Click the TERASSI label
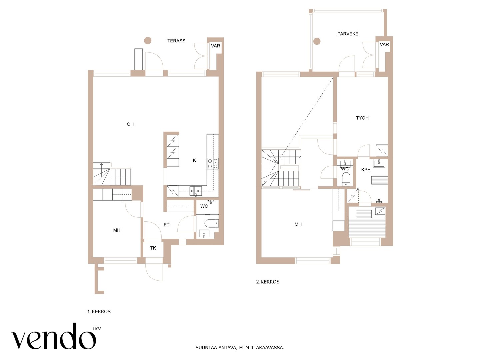[x=177, y=41]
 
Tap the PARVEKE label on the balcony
[x=348, y=34]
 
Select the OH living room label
[x=130, y=124]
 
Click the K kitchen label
[x=194, y=160]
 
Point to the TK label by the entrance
[x=153, y=248]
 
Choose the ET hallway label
[x=166, y=225]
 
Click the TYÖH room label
[x=362, y=118]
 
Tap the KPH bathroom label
[x=366, y=170]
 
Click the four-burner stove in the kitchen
[x=213, y=163]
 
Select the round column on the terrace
[x=148, y=40]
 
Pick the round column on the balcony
[x=317, y=41]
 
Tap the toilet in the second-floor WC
[x=346, y=179]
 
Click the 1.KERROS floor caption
[x=99, y=312]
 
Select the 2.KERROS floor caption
[x=268, y=282]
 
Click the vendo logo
[x=56, y=336]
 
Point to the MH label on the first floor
[x=117, y=230]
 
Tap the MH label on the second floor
[x=298, y=224]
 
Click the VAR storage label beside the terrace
[x=215, y=46]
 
